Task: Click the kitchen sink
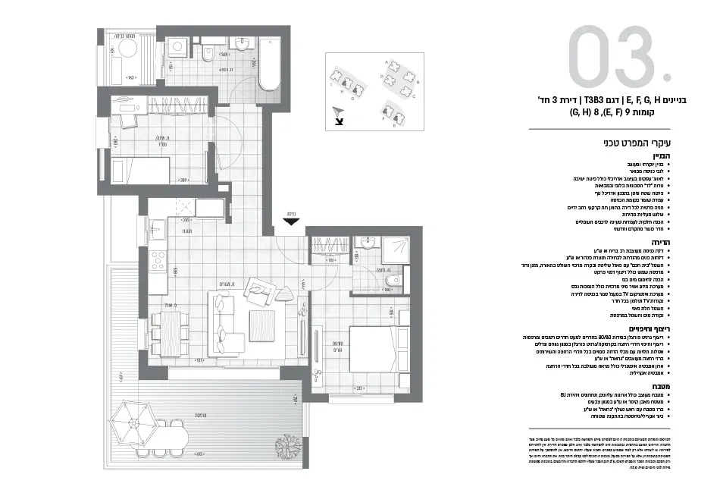[x=158, y=227]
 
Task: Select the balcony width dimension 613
[x=201, y=454]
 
